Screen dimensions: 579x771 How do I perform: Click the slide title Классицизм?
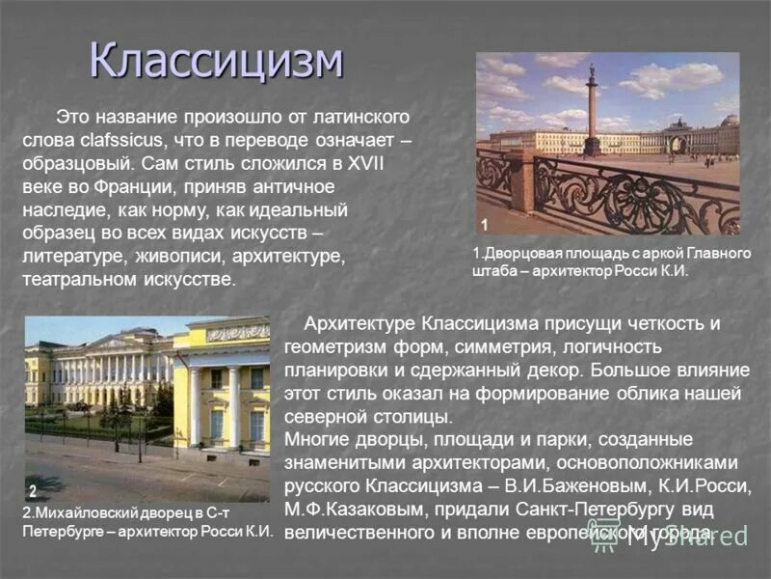(x=217, y=60)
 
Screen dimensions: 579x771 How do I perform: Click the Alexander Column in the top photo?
(x=592, y=111)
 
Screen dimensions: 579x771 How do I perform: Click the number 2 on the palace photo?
(x=33, y=490)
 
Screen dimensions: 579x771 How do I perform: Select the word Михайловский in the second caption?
(x=83, y=513)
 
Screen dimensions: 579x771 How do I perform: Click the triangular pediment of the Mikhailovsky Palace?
(x=116, y=342)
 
